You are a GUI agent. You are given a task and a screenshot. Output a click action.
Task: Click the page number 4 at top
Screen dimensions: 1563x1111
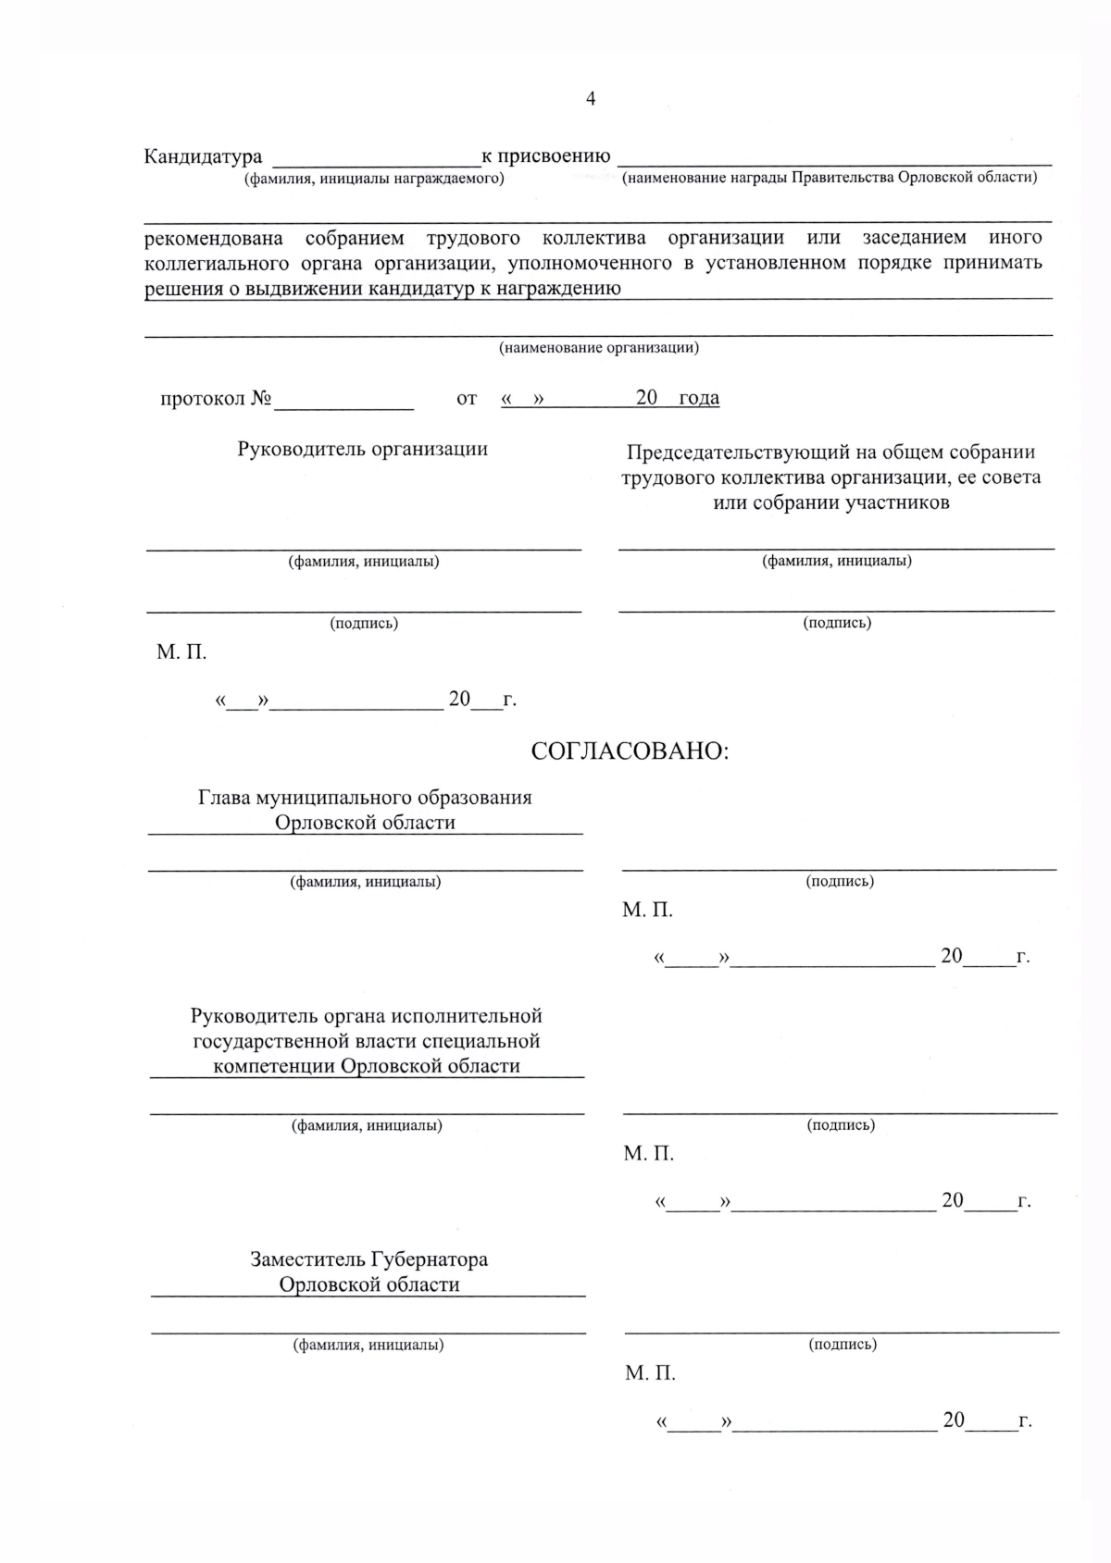(x=591, y=99)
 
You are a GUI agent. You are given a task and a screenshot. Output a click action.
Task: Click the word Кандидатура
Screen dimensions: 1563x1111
(x=203, y=156)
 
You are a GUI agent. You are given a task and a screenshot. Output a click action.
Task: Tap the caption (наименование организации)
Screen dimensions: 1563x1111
(x=599, y=348)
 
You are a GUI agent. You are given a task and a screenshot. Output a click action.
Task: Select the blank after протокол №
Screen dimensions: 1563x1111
(x=343, y=400)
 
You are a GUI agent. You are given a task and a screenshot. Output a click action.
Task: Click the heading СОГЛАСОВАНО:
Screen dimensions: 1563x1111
(x=630, y=751)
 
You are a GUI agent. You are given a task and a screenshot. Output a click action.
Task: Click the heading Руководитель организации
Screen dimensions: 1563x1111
(x=363, y=449)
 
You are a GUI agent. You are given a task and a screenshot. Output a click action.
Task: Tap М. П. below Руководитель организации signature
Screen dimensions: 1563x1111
(x=181, y=652)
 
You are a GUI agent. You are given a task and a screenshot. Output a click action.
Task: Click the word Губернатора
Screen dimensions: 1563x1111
(x=430, y=1259)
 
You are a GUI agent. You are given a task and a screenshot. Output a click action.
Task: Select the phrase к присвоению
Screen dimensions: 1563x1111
(x=545, y=155)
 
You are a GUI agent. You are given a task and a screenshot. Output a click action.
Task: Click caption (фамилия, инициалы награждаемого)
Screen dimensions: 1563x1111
(x=374, y=179)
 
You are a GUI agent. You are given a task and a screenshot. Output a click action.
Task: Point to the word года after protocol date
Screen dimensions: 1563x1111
(x=698, y=398)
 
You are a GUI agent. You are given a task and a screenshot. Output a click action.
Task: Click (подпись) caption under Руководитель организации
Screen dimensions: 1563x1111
(x=364, y=623)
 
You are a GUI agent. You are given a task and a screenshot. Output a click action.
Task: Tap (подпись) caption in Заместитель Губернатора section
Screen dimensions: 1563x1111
(x=843, y=1344)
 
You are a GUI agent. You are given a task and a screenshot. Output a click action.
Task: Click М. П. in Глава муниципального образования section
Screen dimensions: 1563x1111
(x=647, y=911)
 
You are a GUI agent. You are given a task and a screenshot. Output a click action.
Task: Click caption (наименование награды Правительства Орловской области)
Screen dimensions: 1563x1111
(x=830, y=177)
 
